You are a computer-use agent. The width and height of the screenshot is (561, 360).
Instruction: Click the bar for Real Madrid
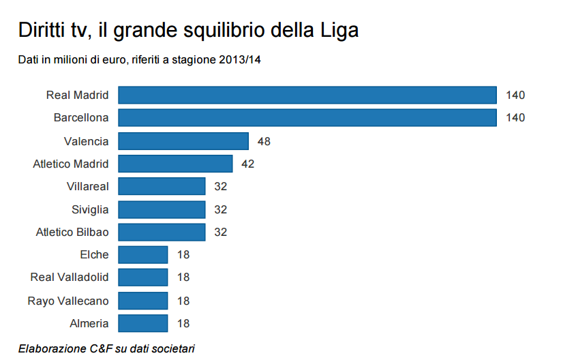(x=307, y=95)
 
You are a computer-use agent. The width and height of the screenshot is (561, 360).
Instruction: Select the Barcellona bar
(x=307, y=118)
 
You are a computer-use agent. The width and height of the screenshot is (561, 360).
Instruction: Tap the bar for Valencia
(x=183, y=141)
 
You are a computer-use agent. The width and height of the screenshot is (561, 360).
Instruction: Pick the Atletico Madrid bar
(x=175, y=164)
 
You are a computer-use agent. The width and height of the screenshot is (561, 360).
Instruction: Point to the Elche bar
(x=143, y=254)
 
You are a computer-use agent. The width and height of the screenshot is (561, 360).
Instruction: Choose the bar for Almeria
(x=143, y=323)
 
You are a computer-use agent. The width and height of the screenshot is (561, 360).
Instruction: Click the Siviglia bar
(x=162, y=209)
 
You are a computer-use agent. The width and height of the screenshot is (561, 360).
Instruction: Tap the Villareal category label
(x=88, y=186)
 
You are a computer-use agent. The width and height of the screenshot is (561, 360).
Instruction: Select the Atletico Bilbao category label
(x=72, y=232)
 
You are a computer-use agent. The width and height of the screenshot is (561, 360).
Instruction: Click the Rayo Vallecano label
(x=68, y=301)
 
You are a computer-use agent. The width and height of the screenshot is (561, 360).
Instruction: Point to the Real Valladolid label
(x=70, y=277)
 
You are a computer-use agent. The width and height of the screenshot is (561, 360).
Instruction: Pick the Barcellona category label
(x=81, y=118)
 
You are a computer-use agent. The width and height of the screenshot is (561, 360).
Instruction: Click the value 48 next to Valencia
(x=264, y=141)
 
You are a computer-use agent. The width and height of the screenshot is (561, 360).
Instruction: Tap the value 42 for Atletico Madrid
(x=248, y=164)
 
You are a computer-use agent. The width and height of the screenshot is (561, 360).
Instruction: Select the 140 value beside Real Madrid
(x=515, y=95)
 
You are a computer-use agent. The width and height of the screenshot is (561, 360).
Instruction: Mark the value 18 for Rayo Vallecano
(x=183, y=301)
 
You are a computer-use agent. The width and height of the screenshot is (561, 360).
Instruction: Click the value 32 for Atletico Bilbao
(x=221, y=232)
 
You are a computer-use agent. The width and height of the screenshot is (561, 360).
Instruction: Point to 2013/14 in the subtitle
(x=240, y=60)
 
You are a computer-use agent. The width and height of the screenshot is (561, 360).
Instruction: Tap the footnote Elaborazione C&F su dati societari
(x=106, y=348)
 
